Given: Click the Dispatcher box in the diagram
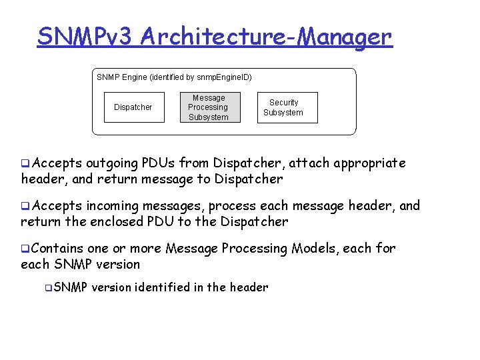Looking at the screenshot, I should (133, 107).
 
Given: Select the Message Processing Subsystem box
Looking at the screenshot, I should (208, 107).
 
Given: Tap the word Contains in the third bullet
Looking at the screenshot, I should (57, 249).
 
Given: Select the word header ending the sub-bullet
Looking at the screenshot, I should (249, 287).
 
